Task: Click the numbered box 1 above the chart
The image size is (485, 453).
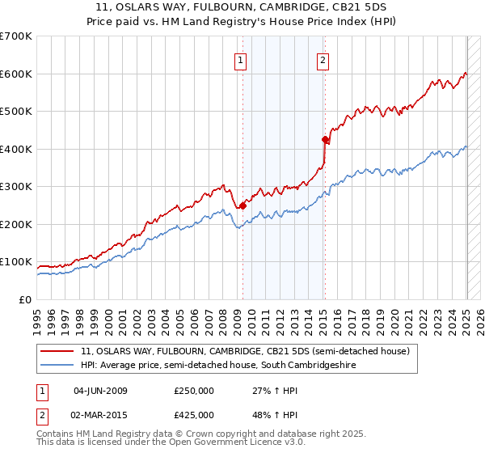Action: tap(241, 59)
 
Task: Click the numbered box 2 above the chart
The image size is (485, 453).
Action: tap(323, 59)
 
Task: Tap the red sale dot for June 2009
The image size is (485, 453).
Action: tap(242, 205)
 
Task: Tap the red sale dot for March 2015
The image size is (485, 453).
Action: tap(324, 140)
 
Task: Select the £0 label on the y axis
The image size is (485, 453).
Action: tap(24, 300)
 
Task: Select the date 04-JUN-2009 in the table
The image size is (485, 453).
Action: tap(100, 392)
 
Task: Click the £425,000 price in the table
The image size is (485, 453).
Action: tap(194, 415)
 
